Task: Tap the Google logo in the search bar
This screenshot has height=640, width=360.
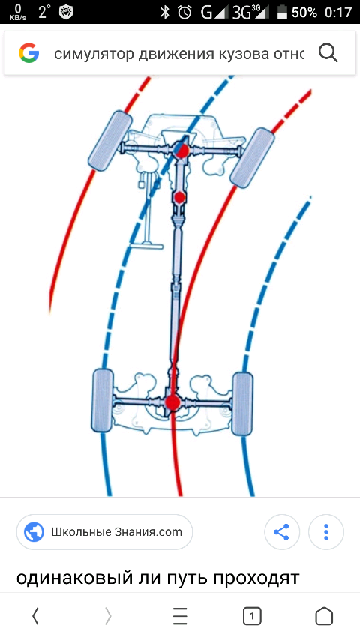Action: [x=28, y=53]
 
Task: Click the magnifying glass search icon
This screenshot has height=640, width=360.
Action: [x=328, y=53]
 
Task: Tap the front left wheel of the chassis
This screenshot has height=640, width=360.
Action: [x=110, y=140]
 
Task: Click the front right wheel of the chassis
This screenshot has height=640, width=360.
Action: [x=252, y=157]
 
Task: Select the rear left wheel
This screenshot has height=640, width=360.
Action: [x=103, y=400]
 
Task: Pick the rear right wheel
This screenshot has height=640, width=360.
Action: [x=242, y=403]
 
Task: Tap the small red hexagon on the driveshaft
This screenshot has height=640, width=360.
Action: [x=179, y=198]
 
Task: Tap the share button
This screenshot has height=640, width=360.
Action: [x=282, y=532]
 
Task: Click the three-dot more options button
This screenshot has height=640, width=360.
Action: [x=326, y=532]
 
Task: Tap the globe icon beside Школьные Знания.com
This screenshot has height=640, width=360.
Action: [x=34, y=532]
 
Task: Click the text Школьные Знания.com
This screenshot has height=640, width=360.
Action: [x=116, y=532]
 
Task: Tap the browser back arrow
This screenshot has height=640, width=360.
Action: [x=35, y=616]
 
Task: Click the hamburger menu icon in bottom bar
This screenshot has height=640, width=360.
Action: [x=180, y=616]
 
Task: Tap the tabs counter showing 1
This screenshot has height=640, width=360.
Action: [x=252, y=616]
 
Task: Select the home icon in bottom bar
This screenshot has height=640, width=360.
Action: [x=324, y=616]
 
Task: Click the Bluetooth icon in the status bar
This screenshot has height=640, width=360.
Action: [x=165, y=12]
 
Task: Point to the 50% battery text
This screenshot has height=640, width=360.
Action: [x=304, y=13]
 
